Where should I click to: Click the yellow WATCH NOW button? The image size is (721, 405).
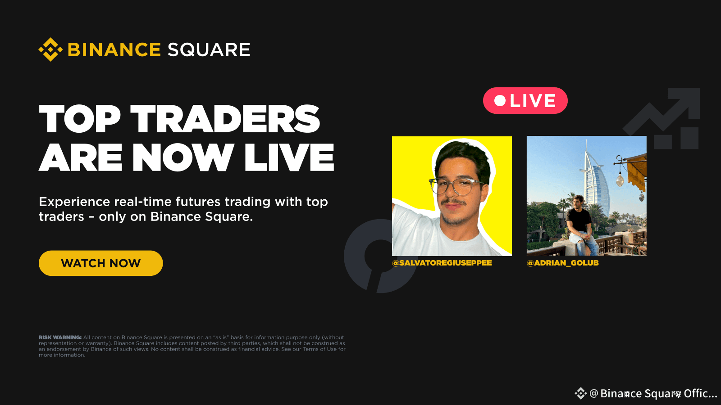[100, 263]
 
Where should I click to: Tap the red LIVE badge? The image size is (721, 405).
[525, 101]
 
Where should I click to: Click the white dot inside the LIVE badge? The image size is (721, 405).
[500, 101]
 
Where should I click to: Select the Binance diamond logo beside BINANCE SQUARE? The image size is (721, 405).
[50, 49]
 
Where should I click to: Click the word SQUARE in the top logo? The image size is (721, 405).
[209, 50]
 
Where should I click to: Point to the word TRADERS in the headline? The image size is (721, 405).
[225, 119]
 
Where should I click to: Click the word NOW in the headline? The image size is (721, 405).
[183, 157]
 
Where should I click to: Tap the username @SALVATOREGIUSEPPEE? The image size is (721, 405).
[442, 263]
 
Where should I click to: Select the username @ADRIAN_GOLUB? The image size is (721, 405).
[563, 263]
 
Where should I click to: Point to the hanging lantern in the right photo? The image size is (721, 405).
[620, 179]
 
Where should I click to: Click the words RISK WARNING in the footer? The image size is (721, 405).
[60, 337]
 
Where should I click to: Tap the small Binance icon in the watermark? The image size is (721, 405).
[580, 394]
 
